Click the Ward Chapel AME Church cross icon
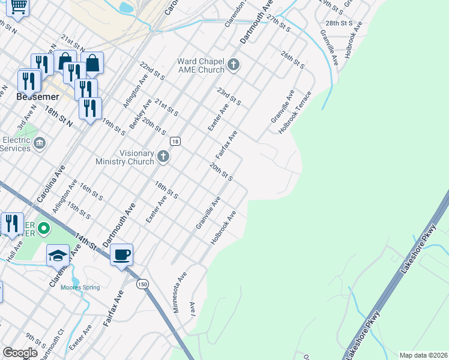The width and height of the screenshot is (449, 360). [x=234, y=65]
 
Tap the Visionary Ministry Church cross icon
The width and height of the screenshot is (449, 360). [x=163, y=157]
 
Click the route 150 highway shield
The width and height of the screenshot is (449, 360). [x=142, y=284]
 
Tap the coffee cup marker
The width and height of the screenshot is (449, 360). [x=122, y=254]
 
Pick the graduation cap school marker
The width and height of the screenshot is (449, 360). [x=58, y=256]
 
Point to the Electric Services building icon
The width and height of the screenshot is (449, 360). [x=40, y=143]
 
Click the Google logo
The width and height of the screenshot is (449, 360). [x=20, y=353]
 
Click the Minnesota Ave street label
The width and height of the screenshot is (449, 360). [x=181, y=287]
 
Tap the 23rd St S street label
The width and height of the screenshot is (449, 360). [x=229, y=95]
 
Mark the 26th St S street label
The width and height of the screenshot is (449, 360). [x=293, y=59]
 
